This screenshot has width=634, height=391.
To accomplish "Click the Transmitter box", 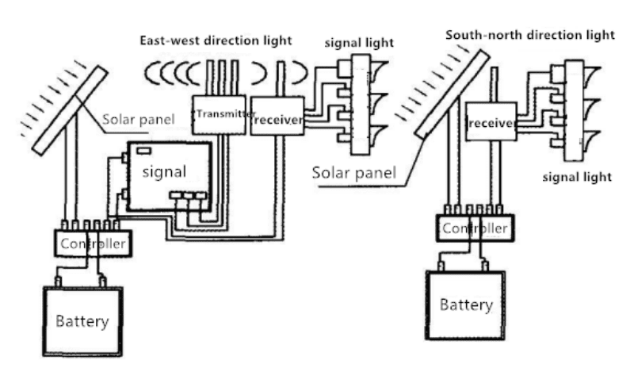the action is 219,115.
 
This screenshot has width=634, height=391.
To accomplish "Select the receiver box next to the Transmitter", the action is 277,116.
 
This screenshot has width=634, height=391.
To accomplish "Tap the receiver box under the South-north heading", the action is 491,121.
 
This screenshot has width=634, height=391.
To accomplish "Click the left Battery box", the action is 83,321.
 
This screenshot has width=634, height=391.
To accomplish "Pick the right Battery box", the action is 465,305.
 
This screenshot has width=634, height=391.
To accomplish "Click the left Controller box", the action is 93,243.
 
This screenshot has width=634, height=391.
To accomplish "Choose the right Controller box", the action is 475,228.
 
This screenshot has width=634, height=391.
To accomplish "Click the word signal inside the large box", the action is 164,172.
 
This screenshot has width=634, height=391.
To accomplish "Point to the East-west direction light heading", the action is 216,40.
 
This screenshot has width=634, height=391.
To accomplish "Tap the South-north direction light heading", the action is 530,35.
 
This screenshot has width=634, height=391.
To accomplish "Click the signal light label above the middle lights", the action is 359,43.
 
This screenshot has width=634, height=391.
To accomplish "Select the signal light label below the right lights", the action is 577,178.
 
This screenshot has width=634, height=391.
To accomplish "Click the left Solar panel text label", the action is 138,120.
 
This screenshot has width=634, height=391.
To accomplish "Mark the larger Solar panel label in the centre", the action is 353,173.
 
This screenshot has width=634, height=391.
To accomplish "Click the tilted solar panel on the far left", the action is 71,110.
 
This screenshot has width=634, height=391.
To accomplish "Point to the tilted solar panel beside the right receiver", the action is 452,94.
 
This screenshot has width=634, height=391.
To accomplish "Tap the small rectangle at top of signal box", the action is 144,151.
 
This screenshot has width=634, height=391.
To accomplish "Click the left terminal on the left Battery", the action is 58,282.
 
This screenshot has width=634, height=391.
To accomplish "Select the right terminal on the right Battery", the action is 485,266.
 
